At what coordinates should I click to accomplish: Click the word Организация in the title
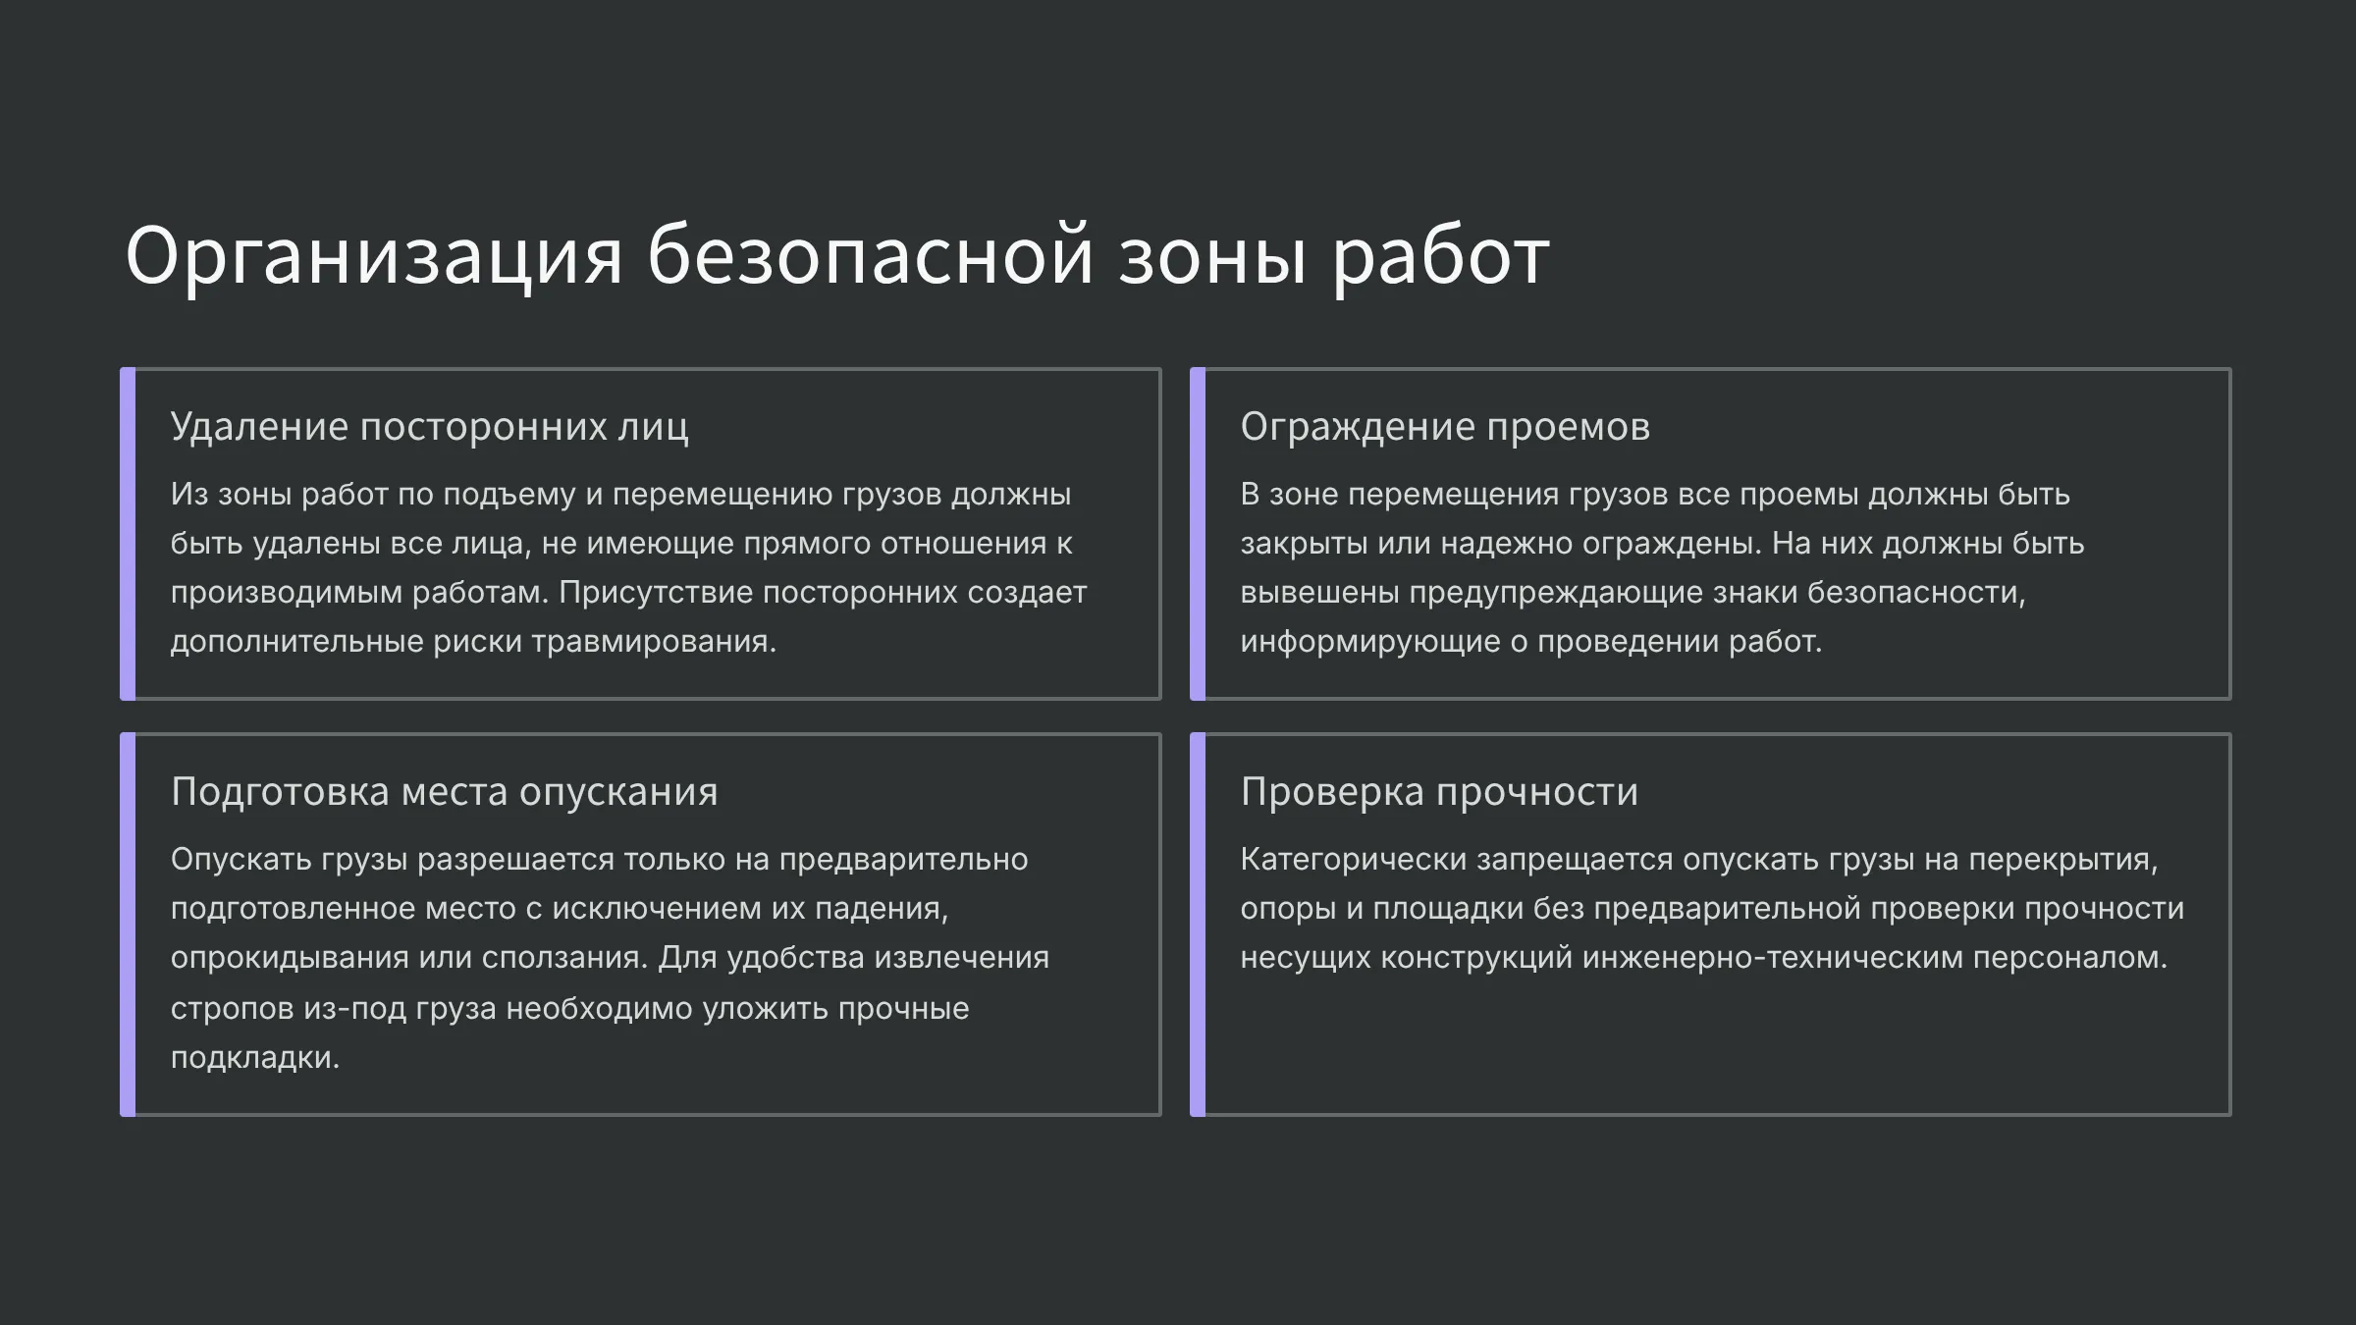click(374, 258)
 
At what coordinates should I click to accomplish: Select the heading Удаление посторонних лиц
click(430, 427)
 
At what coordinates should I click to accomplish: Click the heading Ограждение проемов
click(1445, 427)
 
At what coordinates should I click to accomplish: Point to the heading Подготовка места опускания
click(445, 792)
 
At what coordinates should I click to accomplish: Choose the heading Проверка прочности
click(1439, 792)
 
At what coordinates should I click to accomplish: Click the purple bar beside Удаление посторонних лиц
click(128, 534)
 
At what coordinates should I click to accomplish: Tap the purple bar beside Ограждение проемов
click(1198, 534)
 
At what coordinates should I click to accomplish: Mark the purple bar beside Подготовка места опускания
click(128, 925)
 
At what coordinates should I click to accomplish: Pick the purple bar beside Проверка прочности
click(1198, 925)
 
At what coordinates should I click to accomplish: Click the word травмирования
click(654, 642)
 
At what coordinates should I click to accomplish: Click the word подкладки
click(255, 1058)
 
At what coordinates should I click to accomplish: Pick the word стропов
click(232, 1009)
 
